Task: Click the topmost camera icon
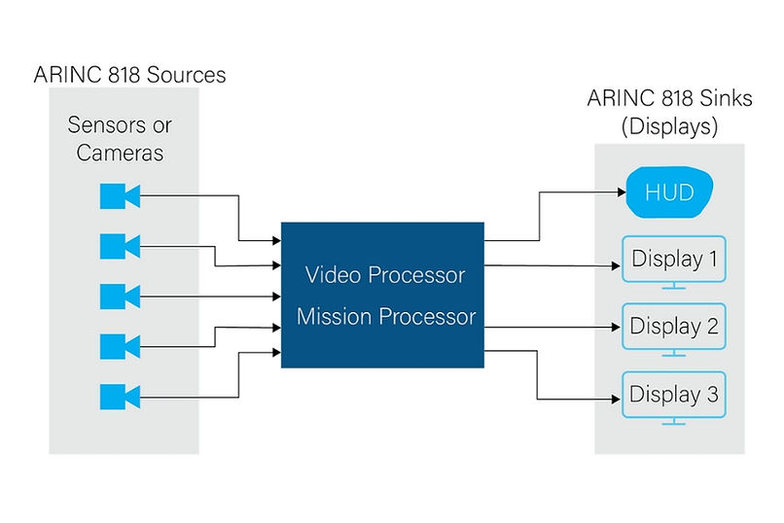[x=120, y=196]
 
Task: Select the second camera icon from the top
[x=120, y=247]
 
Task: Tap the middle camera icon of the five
[x=120, y=296]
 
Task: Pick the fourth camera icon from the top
[x=120, y=346]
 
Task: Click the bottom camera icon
[x=120, y=397]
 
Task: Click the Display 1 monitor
[x=673, y=261]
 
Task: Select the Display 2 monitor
[x=673, y=327]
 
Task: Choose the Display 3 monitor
[x=673, y=396]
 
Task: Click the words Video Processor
[x=385, y=275]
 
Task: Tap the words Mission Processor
[x=386, y=316]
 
